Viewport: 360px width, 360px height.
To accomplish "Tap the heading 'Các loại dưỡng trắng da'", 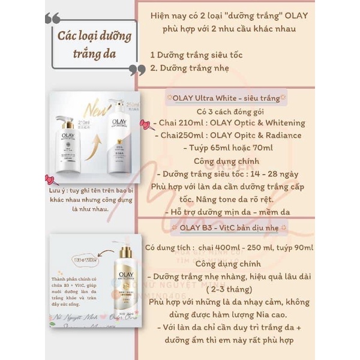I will pyautogui.click(x=94, y=44).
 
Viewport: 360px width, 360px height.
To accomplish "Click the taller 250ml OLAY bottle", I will pyautogui.click(x=123, y=133).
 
